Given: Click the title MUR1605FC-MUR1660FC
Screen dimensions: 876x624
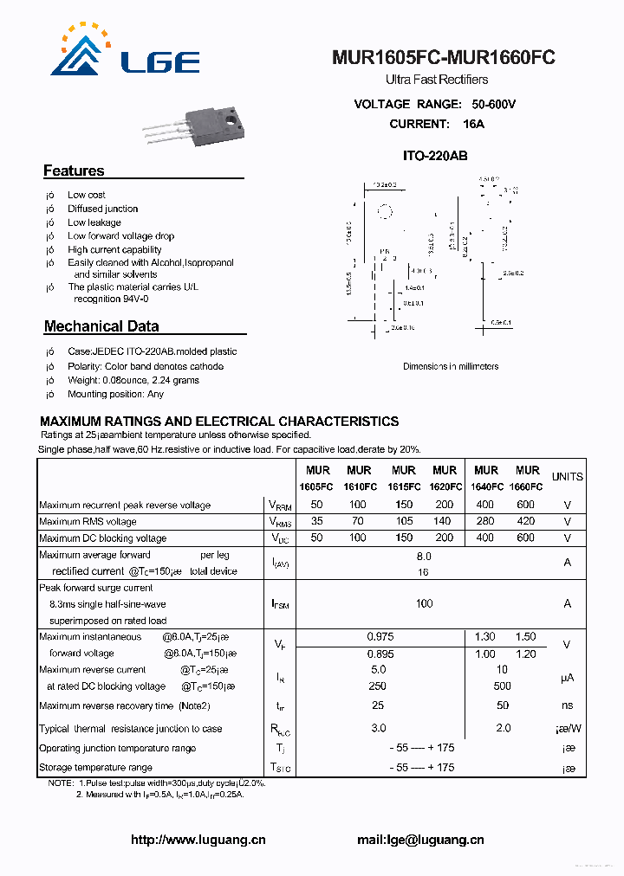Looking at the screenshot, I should (x=443, y=58).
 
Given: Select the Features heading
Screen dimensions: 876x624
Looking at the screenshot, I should (x=74, y=171).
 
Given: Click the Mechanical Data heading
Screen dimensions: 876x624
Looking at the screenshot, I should (x=101, y=327).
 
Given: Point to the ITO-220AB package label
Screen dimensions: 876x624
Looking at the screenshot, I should (x=435, y=157).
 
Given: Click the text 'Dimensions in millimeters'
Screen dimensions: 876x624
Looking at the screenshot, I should (x=451, y=366).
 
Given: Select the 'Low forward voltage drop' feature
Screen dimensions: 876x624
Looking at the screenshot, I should (x=120, y=236).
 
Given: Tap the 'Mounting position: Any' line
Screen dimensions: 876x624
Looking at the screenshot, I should (x=115, y=395).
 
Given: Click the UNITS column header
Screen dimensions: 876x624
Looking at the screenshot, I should (x=568, y=477).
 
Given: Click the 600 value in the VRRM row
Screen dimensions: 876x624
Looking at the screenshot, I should (x=525, y=505).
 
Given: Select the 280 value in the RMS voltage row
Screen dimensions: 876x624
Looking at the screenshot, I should (x=485, y=522).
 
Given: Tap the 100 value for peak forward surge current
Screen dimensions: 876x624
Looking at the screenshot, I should (x=424, y=603).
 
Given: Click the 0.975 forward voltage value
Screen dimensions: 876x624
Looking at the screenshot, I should (x=380, y=637).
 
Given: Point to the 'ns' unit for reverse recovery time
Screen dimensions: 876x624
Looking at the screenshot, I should (x=568, y=706).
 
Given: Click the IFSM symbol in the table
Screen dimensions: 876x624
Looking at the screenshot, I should (x=279, y=603).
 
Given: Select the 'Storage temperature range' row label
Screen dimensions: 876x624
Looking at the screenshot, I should (x=95, y=768).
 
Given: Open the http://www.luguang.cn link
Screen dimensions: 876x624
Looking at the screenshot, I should (x=198, y=840).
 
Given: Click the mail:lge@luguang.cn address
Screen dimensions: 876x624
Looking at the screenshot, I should (x=420, y=840).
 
